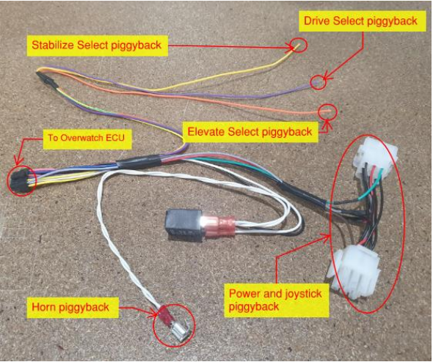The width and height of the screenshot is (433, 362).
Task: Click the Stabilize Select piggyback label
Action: tap(97, 45)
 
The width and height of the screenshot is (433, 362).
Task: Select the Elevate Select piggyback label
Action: tap(250, 132)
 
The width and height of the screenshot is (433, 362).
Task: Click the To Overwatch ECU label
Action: tap(87, 138)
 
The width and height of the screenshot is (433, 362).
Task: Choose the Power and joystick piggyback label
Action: tap(276, 300)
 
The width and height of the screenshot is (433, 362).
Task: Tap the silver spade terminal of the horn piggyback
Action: tap(180, 332)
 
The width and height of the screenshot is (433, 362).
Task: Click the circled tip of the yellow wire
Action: tap(298, 46)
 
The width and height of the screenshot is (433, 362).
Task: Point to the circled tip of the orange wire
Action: tap(327, 111)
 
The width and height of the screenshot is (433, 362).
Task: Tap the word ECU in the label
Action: tap(115, 138)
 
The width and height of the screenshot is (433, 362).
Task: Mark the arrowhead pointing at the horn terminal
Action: tap(157, 314)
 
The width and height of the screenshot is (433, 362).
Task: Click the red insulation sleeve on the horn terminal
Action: tap(166, 315)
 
